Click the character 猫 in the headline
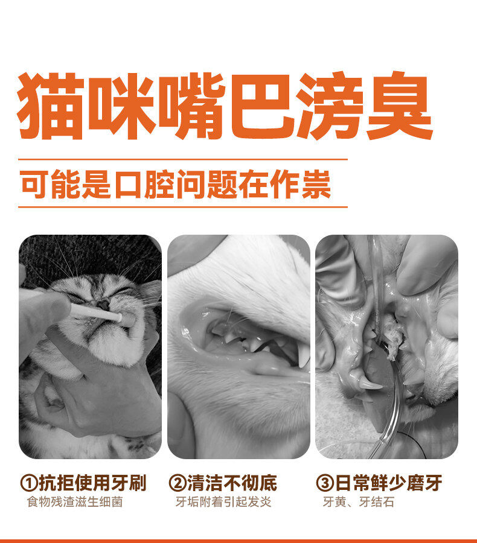51,106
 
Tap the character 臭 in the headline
399,106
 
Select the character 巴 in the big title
261,106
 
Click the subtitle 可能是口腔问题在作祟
176,184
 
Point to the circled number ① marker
29,483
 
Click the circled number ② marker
178,483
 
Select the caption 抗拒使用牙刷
92,483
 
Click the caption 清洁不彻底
232,483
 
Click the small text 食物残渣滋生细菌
75,502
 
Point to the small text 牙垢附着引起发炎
223,502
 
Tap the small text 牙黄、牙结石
359,502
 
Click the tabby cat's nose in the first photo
103,305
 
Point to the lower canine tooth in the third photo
368,383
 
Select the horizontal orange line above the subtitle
183,160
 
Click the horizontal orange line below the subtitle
183,207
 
